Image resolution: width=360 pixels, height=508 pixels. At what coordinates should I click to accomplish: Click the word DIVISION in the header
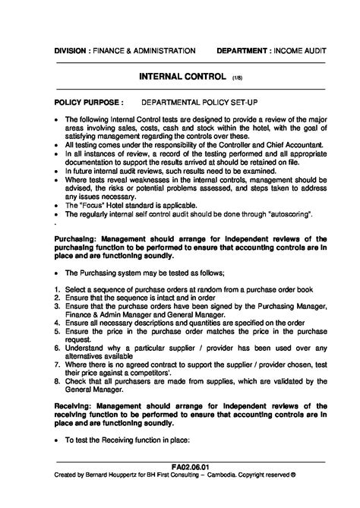coord(72,51)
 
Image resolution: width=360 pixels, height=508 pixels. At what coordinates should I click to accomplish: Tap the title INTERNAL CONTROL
coord(183,77)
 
